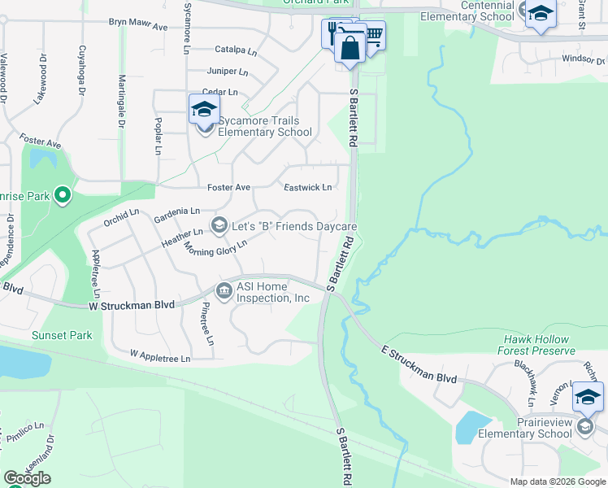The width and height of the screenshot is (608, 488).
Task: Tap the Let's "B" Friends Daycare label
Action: (x=294, y=225)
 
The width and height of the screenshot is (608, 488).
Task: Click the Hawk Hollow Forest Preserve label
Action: (x=540, y=345)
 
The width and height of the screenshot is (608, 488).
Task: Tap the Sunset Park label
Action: (x=62, y=335)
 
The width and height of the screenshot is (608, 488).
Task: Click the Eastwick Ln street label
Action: (x=307, y=188)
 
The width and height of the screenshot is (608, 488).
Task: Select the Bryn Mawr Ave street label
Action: (x=138, y=26)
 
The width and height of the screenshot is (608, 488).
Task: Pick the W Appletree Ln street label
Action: (x=160, y=357)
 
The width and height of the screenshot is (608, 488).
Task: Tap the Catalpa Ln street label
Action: (x=236, y=49)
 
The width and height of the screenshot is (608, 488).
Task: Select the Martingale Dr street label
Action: (x=122, y=102)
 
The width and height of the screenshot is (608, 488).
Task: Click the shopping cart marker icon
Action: (x=372, y=35)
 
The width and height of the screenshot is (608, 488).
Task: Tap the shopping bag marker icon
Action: (x=350, y=46)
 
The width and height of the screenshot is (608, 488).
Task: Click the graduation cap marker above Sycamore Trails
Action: (x=203, y=108)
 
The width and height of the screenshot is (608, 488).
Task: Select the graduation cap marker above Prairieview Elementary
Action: (x=588, y=397)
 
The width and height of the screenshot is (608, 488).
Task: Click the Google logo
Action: (x=28, y=478)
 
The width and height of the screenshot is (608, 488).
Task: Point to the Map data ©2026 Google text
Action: (x=558, y=481)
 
